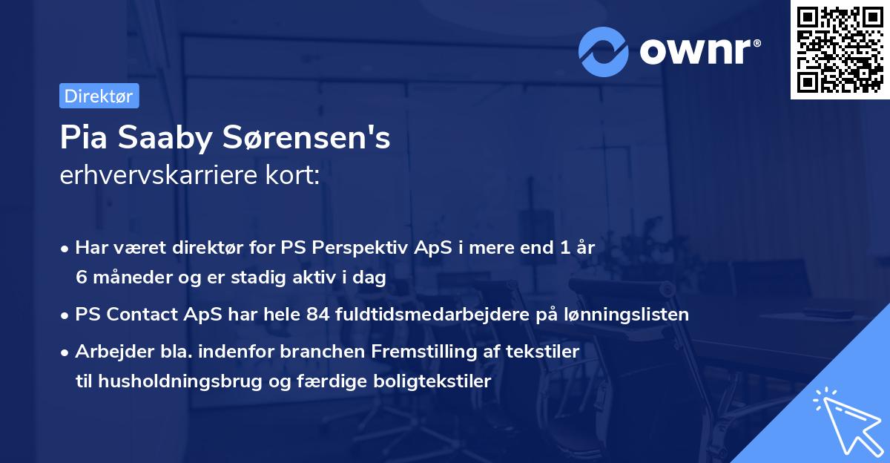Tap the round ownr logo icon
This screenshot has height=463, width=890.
[x=604, y=51]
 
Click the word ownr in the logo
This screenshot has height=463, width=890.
[x=697, y=51]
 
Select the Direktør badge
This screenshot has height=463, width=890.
[x=99, y=96]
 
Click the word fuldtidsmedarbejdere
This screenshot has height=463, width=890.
[x=423, y=314]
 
